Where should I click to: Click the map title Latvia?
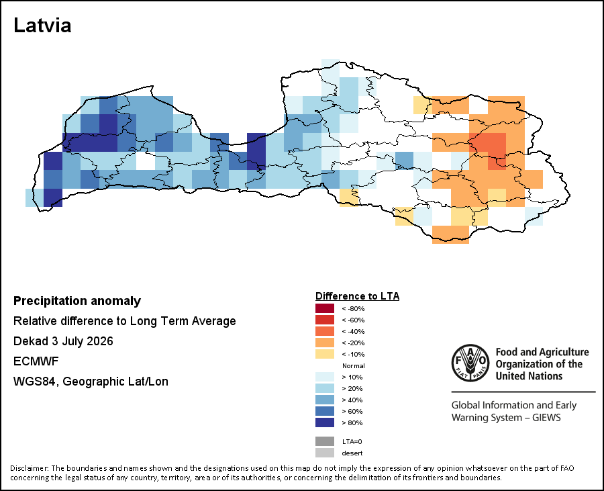[x=42, y=26]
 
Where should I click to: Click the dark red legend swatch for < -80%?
[x=325, y=308]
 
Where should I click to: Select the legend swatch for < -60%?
[x=325, y=320]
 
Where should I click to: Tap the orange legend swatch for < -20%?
[x=325, y=343]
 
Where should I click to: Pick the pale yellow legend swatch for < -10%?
[x=325, y=354]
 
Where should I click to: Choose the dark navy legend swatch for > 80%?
[x=325, y=422]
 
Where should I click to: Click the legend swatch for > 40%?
[x=325, y=400]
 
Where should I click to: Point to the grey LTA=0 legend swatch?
[x=325, y=441]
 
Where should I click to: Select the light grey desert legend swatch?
[x=325, y=453]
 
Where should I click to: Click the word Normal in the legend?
[x=353, y=366]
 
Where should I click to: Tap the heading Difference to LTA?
[x=357, y=296]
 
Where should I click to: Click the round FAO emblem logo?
[x=470, y=363]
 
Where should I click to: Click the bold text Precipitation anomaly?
[x=77, y=301]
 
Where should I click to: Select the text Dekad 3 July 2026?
[x=63, y=341]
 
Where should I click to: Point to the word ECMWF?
[x=36, y=361]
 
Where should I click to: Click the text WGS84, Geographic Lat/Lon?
[x=91, y=382]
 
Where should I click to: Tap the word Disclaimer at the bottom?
[x=30, y=468]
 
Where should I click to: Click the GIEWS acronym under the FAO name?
[x=546, y=418]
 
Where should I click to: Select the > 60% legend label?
[x=352, y=412]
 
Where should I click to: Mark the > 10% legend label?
[x=352, y=377]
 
